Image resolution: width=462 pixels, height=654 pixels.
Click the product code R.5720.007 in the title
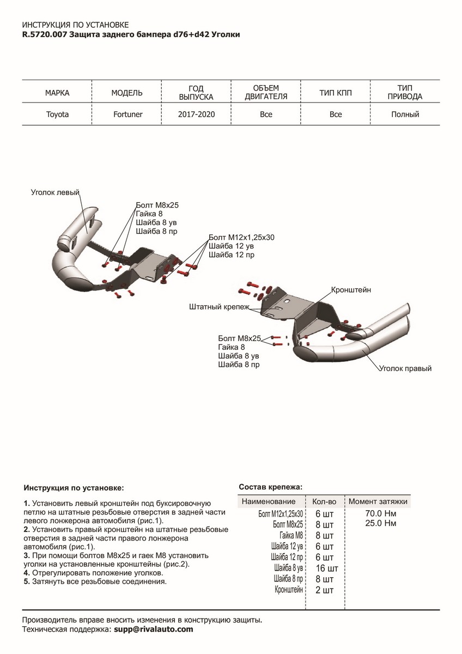pyautogui.click(x=45, y=34)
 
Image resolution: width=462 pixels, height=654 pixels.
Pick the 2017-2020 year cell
pyautogui.click(x=196, y=114)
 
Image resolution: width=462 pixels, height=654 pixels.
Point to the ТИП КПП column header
pyautogui.click(x=336, y=93)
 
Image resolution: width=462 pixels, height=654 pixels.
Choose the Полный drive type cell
pyautogui.click(x=405, y=114)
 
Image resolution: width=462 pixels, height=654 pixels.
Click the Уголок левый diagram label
pyautogui.click(x=55, y=192)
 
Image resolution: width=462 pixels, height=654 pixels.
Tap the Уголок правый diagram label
pyautogui.click(x=405, y=369)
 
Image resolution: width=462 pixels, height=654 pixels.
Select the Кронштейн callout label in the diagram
pyautogui.click(x=351, y=290)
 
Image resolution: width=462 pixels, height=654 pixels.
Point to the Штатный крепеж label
pyautogui.click(x=218, y=307)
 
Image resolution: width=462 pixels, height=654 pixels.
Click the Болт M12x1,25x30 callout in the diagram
pyautogui.click(x=241, y=238)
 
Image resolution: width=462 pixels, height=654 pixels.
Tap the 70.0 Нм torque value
pyautogui.click(x=381, y=513)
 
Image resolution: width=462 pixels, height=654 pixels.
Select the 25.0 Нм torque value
pyautogui.click(x=381, y=523)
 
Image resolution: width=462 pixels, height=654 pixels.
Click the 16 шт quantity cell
pyautogui.click(x=327, y=568)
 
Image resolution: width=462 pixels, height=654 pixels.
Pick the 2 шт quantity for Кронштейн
pyautogui.click(x=324, y=590)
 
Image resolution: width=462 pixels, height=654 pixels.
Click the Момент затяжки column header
pyautogui.click(x=378, y=501)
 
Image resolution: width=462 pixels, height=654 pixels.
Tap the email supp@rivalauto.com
pyautogui.click(x=153, y=629)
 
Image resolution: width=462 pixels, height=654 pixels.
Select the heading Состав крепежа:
pyautogui.click(x=270, y=487)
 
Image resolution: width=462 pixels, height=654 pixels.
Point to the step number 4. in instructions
pyautogui.click(x=27, y=573)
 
